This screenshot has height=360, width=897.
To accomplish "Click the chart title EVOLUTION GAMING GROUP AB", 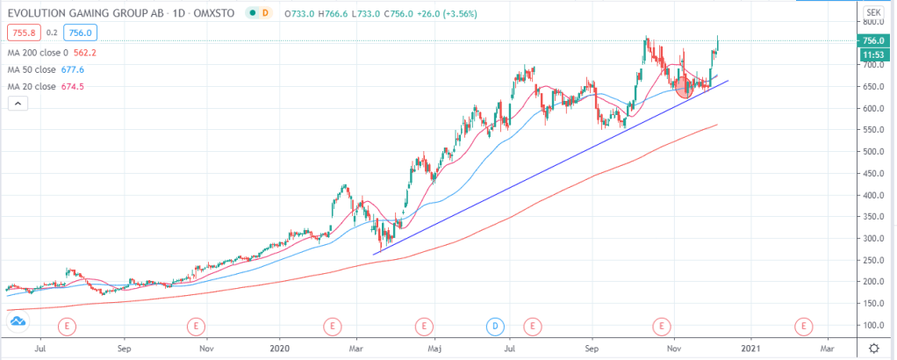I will point(78,13).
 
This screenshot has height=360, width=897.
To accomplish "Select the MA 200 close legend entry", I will point(39,52).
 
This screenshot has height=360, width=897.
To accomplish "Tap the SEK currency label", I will point(872,13).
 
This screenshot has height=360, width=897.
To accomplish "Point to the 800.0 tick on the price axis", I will point(872,22).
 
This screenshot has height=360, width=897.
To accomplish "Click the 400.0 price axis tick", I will point(872,195).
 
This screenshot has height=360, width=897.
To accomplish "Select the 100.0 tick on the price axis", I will point(872,325).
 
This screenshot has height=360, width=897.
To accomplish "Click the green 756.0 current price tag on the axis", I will point(872,40).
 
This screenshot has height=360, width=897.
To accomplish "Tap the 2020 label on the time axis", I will point(279,348).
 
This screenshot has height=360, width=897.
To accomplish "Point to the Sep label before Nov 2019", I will point(124,348).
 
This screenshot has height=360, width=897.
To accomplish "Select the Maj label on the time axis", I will point(434,348).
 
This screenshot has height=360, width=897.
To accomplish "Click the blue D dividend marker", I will point(496,326).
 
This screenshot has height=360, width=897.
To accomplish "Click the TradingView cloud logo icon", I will point(18,323).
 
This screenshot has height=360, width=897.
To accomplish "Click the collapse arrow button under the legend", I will point(18,104).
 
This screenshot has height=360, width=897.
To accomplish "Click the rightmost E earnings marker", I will point(801,326).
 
